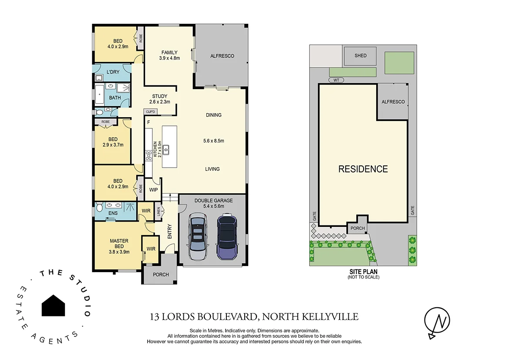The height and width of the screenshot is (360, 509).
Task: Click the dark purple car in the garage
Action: coord(226,237)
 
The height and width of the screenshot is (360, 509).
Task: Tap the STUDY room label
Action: coord(159,96)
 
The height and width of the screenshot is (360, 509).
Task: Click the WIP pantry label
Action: coord(153,190)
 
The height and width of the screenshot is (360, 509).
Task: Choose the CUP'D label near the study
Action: coord(151,112)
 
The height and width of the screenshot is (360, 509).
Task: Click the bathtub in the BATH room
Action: coord(100,97)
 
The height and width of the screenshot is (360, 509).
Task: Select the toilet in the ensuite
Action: coord(100,209)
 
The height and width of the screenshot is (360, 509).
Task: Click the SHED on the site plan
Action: coord(361,56)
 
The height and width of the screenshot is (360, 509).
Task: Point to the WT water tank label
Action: coord(336,80)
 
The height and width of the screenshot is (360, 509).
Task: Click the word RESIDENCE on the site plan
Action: coord(363,169)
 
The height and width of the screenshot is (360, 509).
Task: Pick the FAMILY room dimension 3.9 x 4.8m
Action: coord(169,58)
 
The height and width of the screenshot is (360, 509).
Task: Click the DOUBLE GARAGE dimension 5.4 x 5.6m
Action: coord(213,206)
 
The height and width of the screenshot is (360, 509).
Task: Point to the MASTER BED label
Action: coord(119,243)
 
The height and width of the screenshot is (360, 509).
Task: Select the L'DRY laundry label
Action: coord(113,72)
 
